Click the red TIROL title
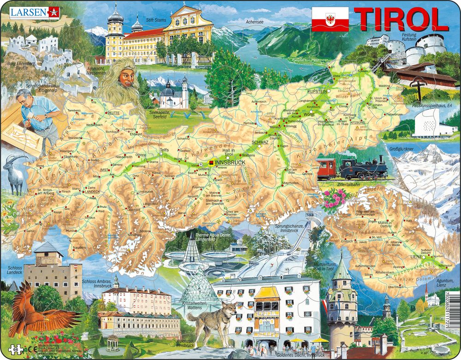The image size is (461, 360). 402,19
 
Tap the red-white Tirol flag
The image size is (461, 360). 330,19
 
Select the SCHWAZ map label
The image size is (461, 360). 261,143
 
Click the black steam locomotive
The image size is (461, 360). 362,168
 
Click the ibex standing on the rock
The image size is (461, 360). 15,173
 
